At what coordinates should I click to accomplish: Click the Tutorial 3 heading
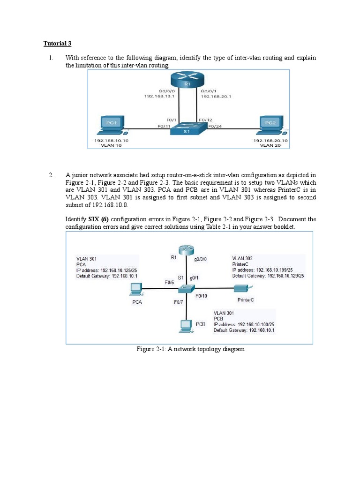(58, 44)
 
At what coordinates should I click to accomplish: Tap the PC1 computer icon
(111, 125)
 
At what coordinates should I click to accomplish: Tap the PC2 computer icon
(270, 125)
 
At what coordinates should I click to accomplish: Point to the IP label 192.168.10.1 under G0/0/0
(159, 96)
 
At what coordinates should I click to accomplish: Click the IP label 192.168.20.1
(216, 96)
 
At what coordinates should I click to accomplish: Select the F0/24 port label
(215, 126)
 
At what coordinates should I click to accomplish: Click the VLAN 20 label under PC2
(270, 145)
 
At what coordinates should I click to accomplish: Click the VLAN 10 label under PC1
(111, 145)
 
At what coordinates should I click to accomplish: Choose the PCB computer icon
(186, 325)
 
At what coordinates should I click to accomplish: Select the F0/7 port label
(179, 302)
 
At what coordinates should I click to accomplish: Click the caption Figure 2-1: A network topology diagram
(190, 349)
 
